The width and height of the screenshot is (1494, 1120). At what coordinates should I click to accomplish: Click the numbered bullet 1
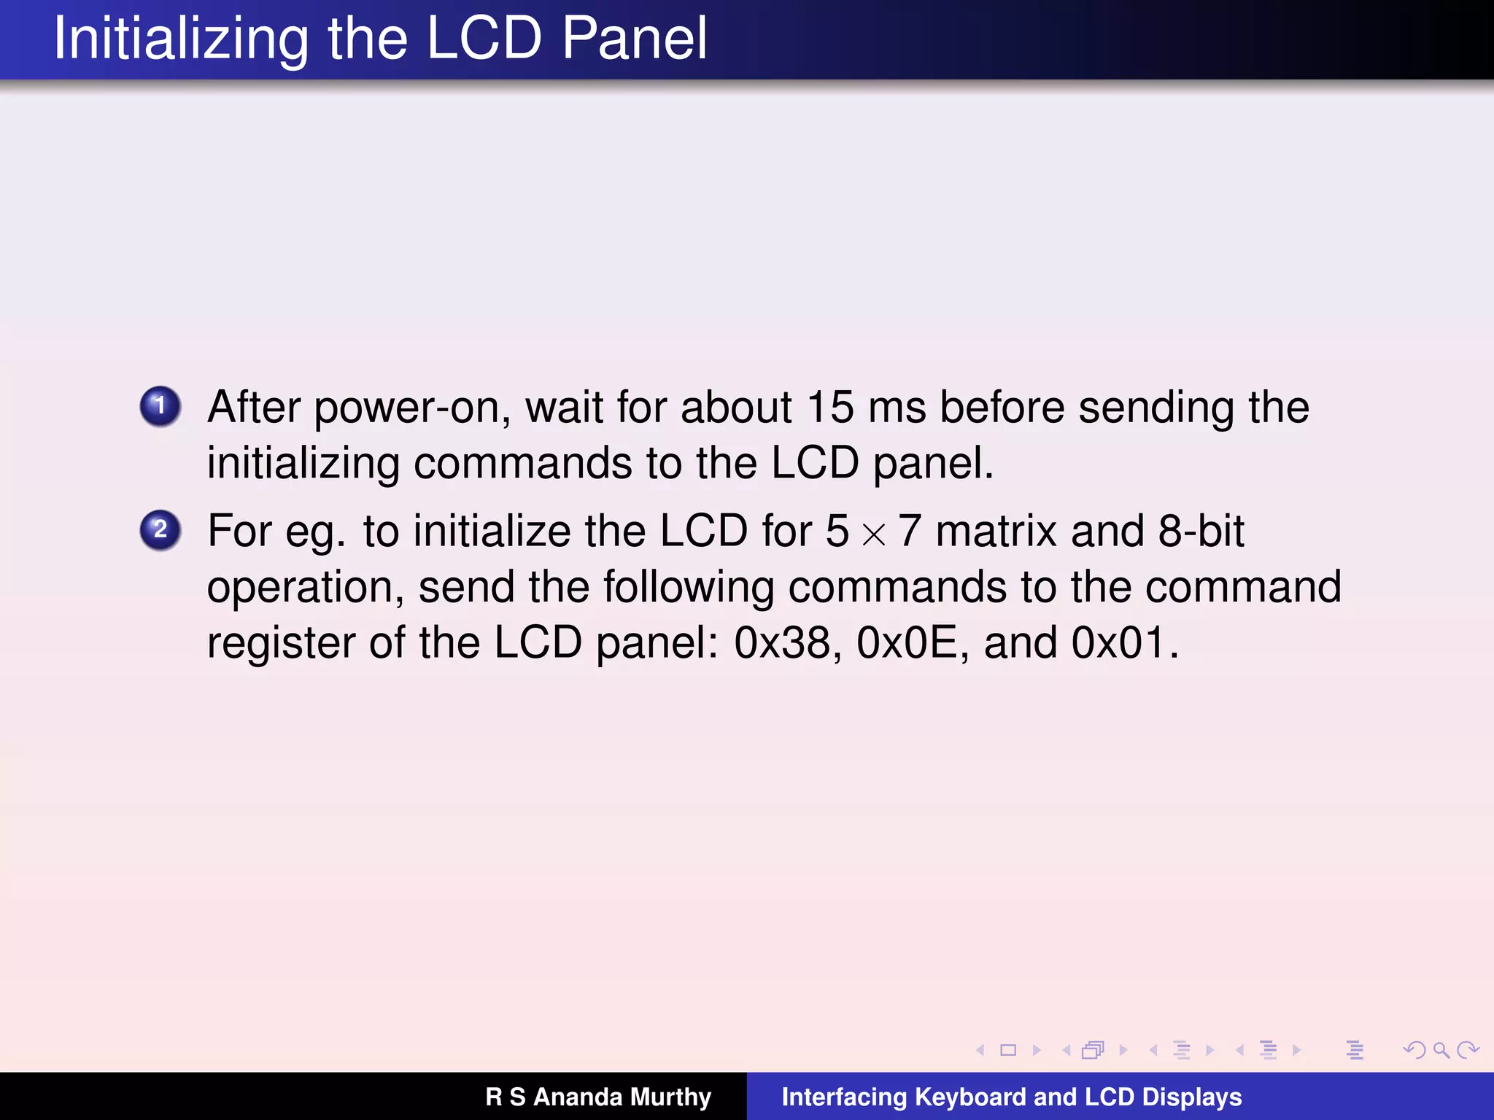(x=160, y=406)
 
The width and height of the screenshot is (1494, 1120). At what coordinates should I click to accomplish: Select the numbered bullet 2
(x=160, y=530)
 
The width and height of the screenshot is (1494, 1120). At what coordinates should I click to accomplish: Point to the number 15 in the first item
(x=829, y=407)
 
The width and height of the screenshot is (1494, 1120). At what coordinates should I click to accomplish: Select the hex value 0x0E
(x=907, y=643)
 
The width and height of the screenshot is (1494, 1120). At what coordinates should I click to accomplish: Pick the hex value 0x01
(x=1118, y=643)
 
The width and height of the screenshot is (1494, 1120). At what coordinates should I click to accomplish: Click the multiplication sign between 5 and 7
(x=873, y=534)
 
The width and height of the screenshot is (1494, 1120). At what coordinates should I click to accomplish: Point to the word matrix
(x=996, y=531)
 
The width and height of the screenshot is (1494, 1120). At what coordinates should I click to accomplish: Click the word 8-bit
(x=1201, y=531)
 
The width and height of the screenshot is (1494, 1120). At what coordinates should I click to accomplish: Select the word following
(x=688, y=588)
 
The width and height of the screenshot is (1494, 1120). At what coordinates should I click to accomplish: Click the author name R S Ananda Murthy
(x=598, y=1097)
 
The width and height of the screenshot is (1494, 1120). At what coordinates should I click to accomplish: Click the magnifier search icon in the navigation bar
(x=1440, y=1050)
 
